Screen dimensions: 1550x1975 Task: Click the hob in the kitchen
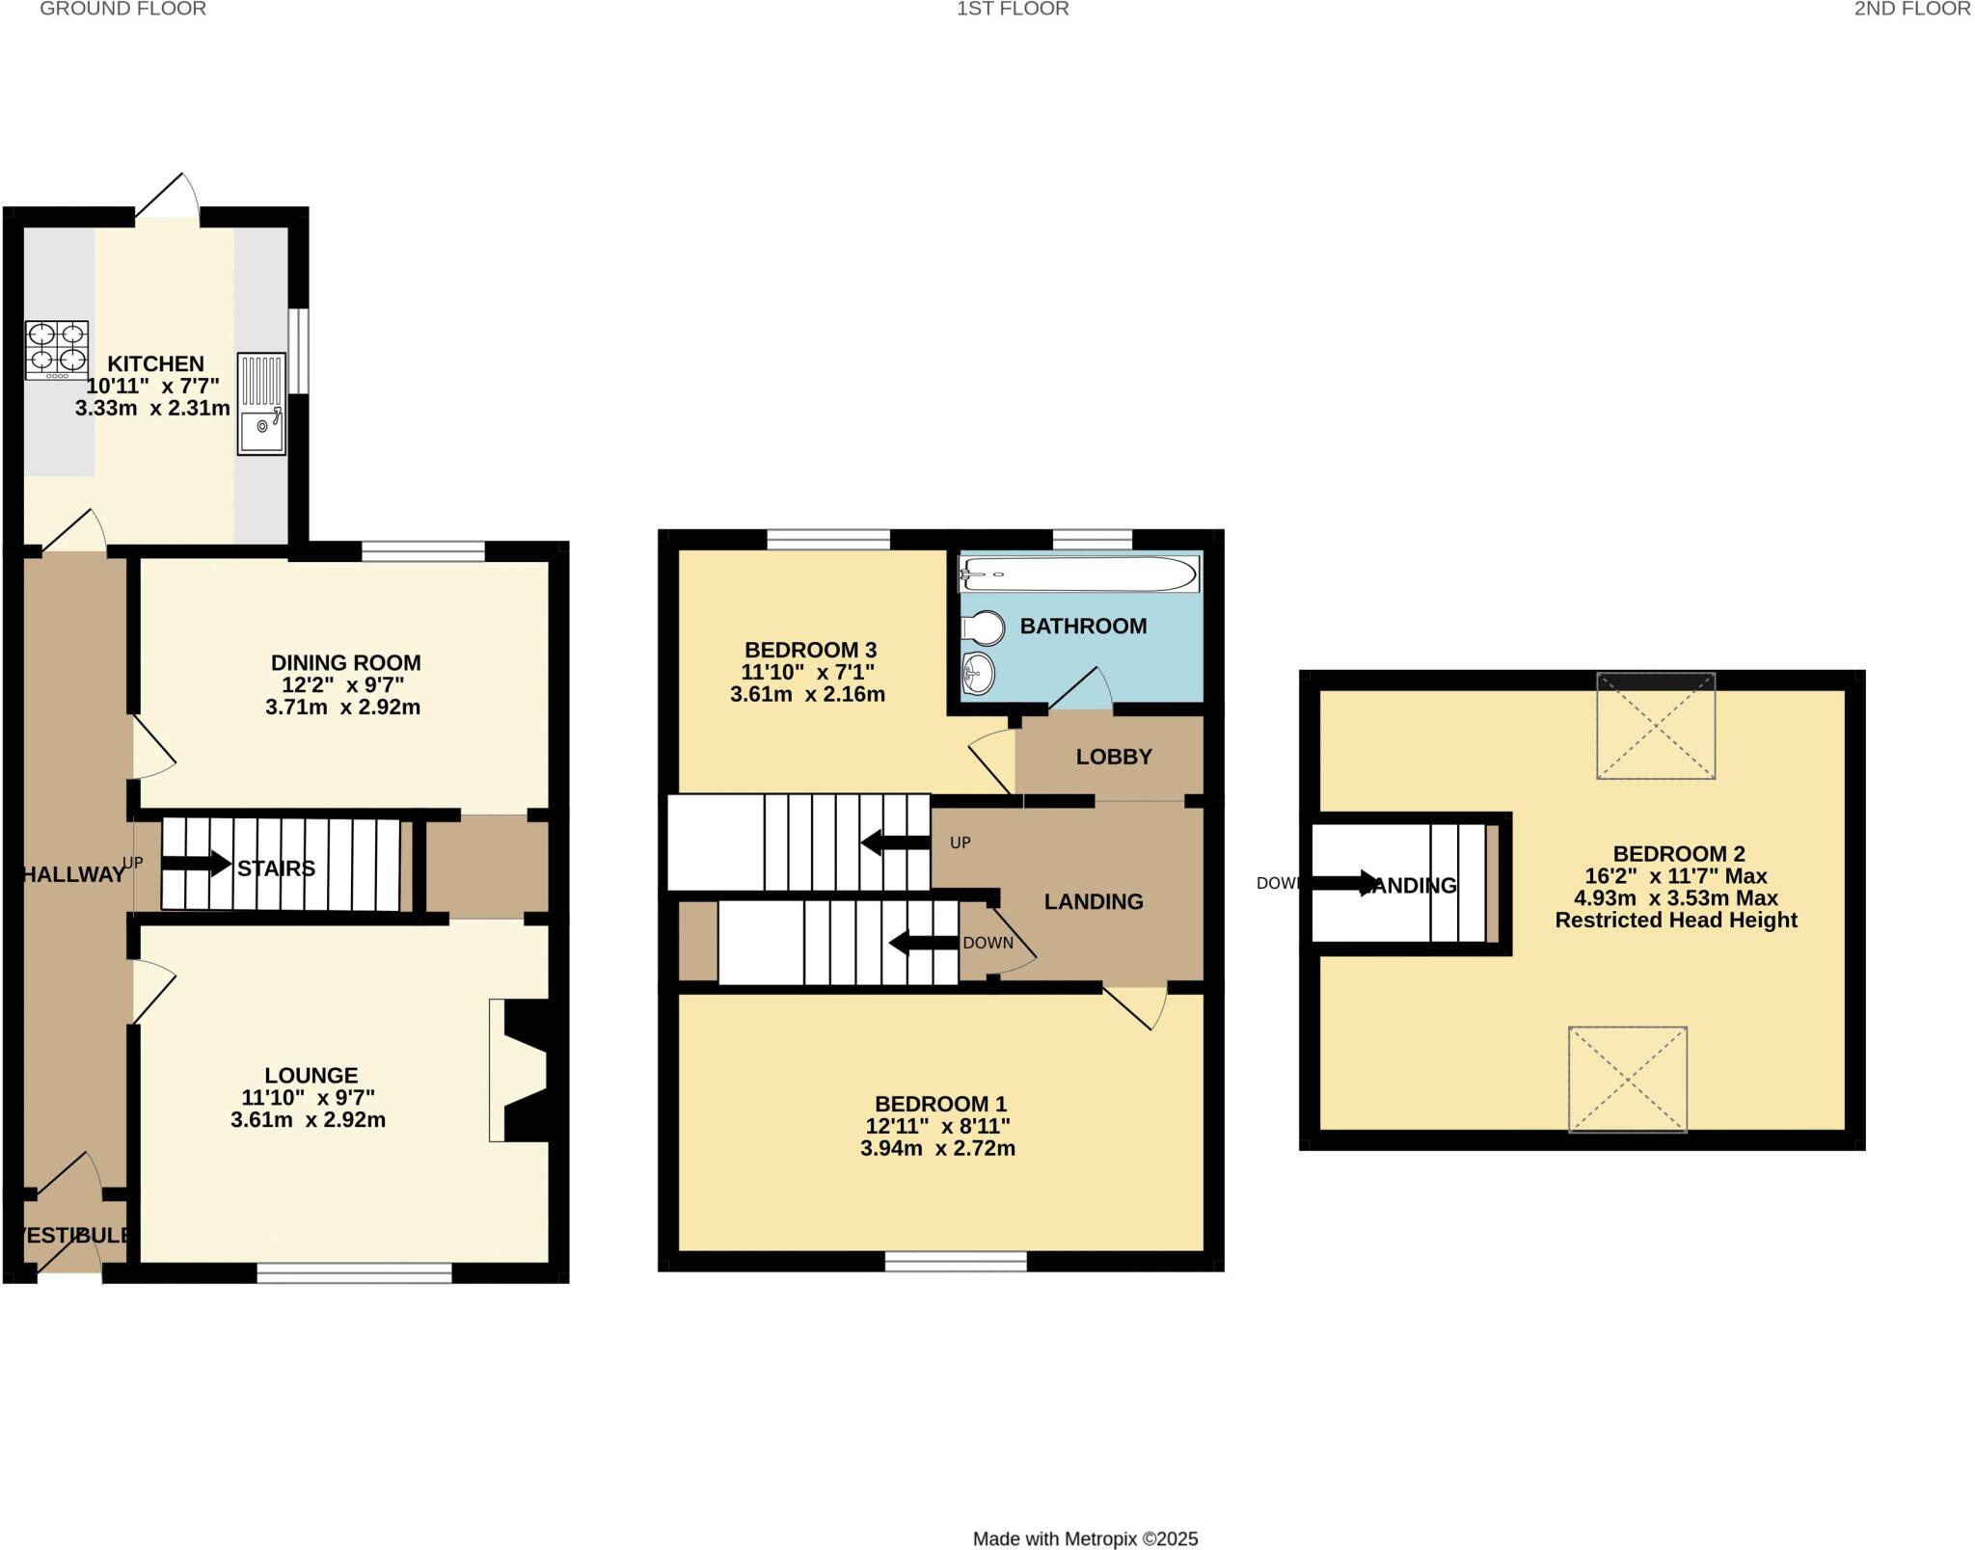(57, 349)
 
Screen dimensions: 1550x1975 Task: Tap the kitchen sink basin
(261, 432)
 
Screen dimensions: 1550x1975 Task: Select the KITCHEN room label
(155, 364)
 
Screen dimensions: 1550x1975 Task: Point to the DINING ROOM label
(345, 663)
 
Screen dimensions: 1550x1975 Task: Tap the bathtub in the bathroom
(1078, 575)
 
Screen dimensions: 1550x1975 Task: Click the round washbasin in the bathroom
(978, 672)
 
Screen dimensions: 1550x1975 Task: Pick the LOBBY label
(1114, 757)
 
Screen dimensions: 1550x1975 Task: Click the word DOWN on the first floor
(987, 943)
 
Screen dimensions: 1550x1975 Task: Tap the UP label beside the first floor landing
(960, 842)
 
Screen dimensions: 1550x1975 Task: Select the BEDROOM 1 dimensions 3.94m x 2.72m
(937, 1149)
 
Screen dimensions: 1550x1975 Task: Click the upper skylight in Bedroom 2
(1656, 727)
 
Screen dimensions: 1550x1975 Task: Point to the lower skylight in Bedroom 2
(1628, 1079)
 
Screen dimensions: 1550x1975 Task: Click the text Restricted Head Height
(1676, 921)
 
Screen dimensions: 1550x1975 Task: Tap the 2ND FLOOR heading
(1913, 10)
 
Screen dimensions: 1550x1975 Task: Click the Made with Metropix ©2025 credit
(1085, 1539)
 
